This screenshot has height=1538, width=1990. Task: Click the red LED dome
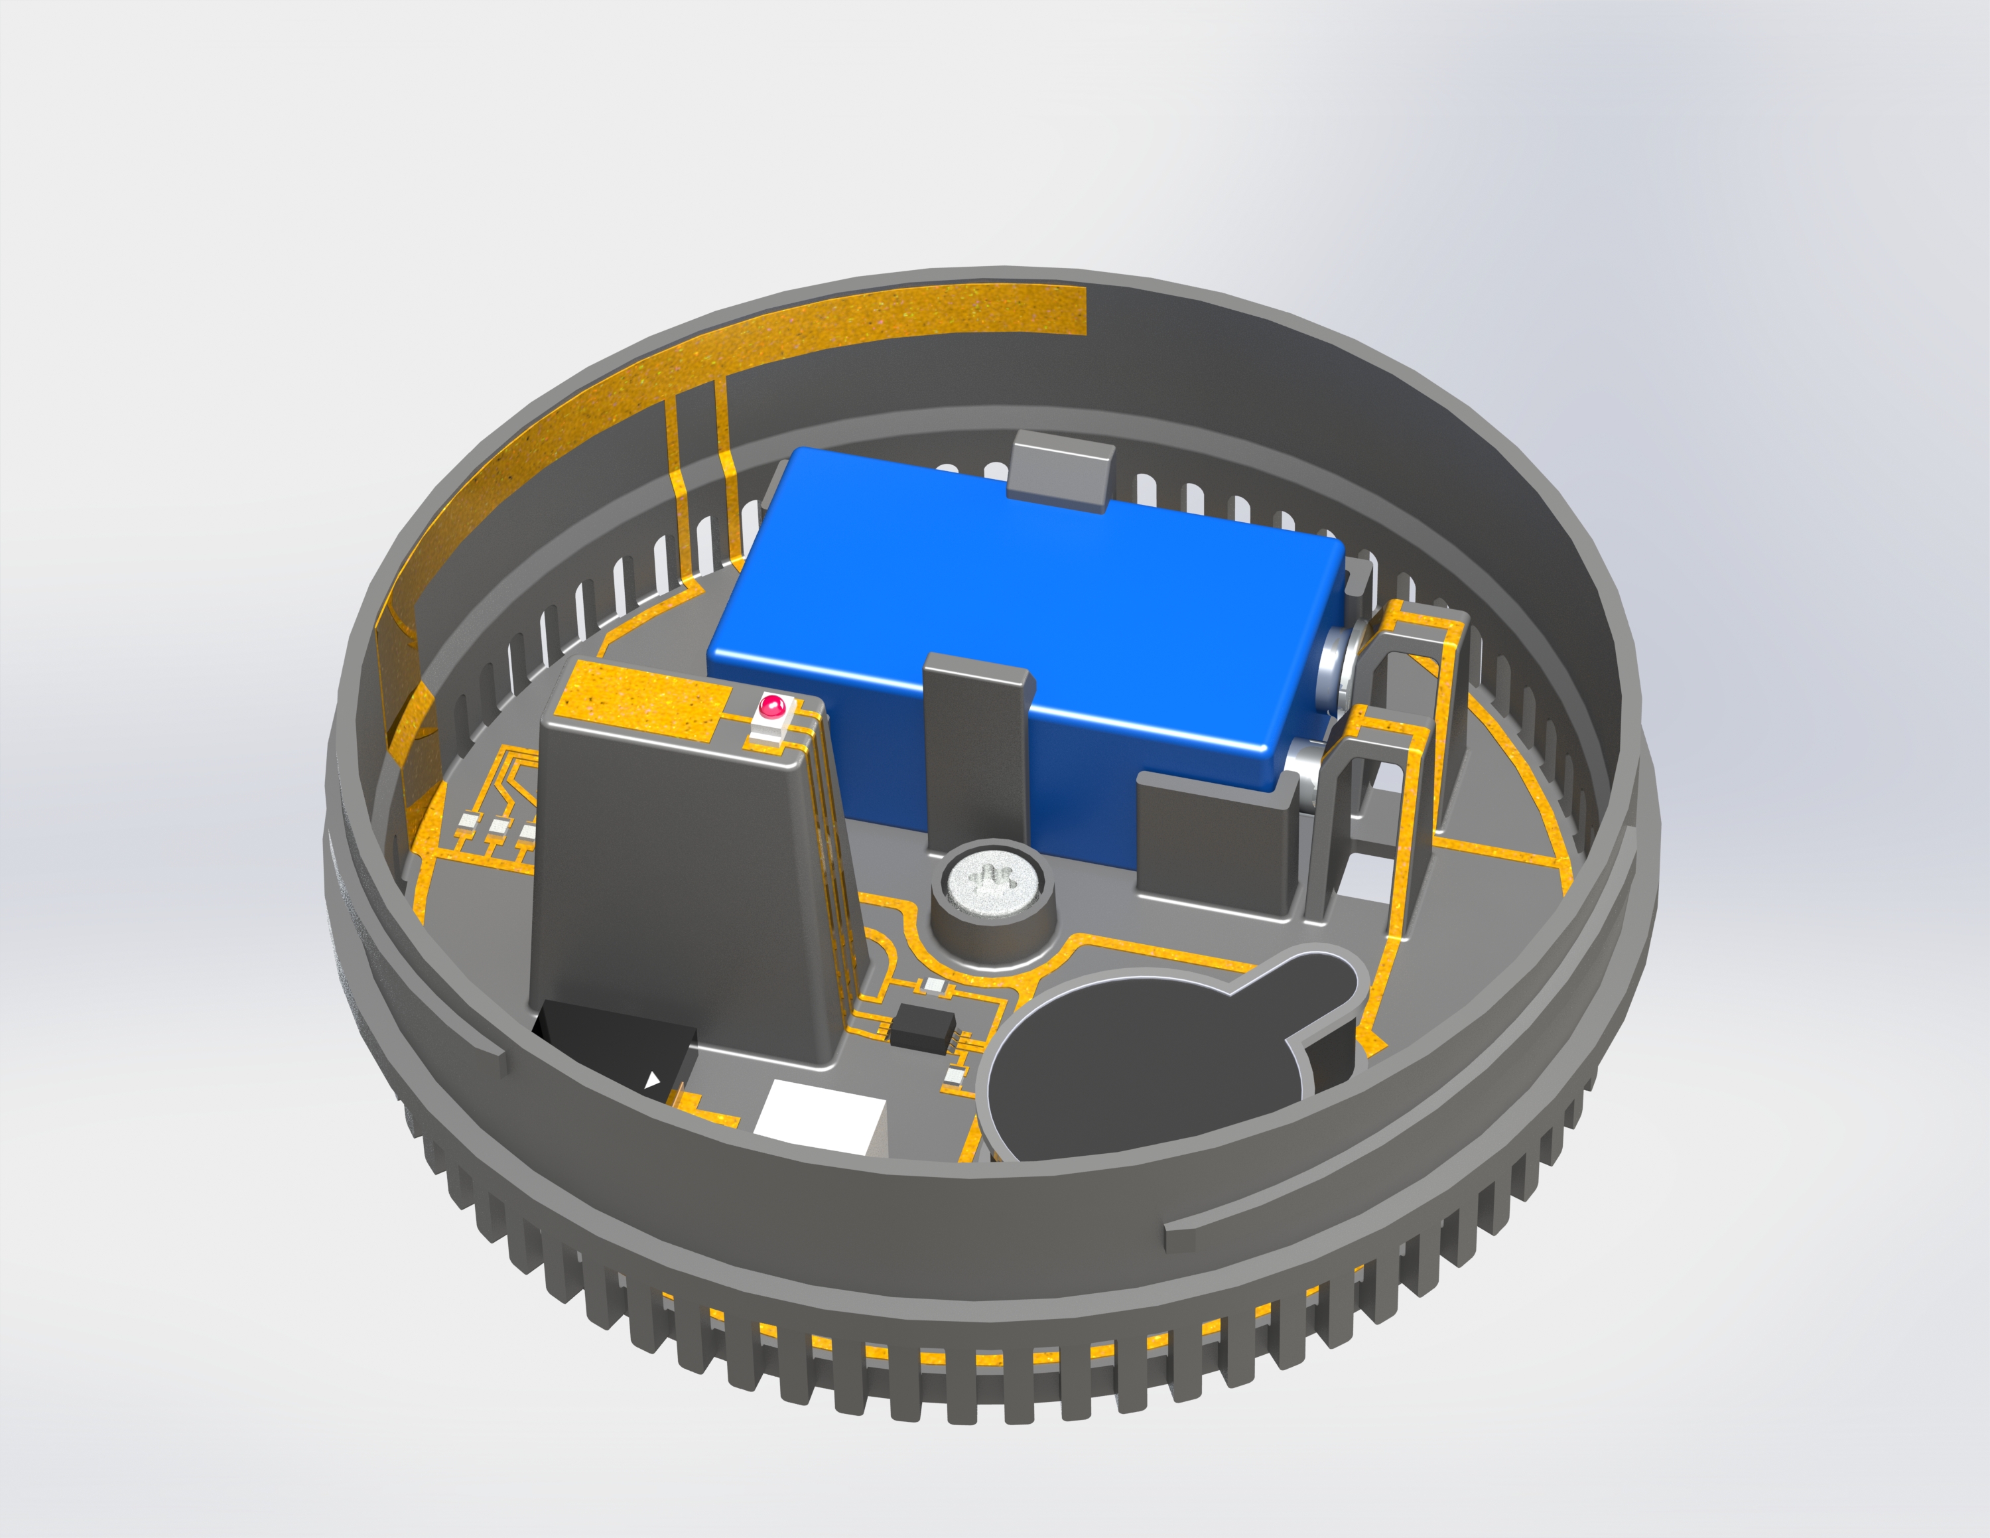click(x=771, y=705)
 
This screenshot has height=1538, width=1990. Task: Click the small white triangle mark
click(x=653, y=1081)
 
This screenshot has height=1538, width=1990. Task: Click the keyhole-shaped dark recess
click(x=1158, y=1057)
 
